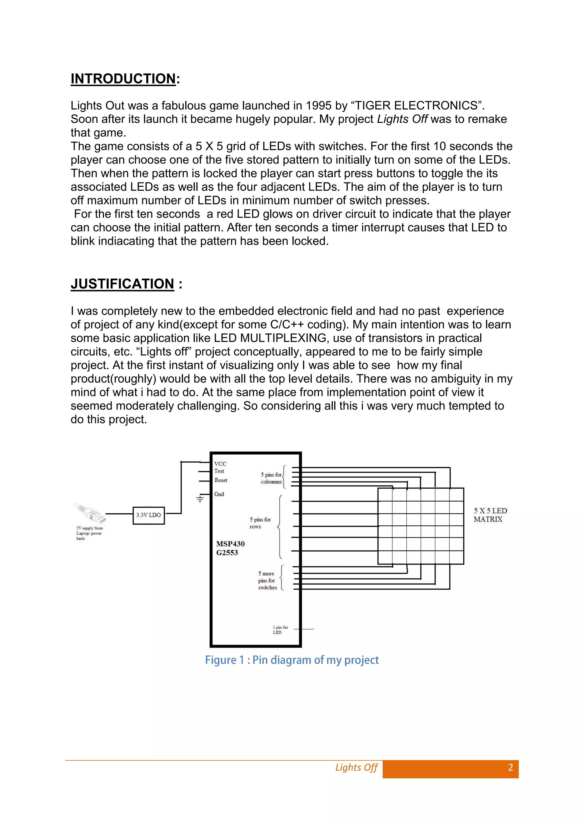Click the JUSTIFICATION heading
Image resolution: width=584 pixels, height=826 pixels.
point(122,284)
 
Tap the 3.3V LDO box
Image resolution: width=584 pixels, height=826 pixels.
point(149,515)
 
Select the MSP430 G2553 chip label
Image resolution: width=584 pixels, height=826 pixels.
point(230,548)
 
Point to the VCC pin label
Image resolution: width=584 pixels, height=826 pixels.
point(220,464)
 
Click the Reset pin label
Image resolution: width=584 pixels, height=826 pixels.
point(221,480)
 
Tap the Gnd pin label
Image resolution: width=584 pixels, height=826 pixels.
point(219,494)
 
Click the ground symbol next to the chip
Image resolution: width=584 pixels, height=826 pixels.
point(200,499)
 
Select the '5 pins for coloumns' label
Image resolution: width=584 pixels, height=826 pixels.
point(271,478)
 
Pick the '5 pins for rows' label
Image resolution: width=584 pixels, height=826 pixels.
point(260,523)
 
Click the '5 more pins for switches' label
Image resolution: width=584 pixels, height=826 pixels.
point(267,581)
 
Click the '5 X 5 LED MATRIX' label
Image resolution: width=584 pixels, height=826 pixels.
point(490,515)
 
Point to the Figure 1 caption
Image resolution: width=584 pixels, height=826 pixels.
point(292,660)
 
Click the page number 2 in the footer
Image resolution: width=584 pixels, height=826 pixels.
point(510,768)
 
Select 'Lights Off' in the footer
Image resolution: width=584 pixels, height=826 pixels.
point(356,768)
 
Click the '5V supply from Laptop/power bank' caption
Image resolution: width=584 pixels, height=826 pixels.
point(89,533)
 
